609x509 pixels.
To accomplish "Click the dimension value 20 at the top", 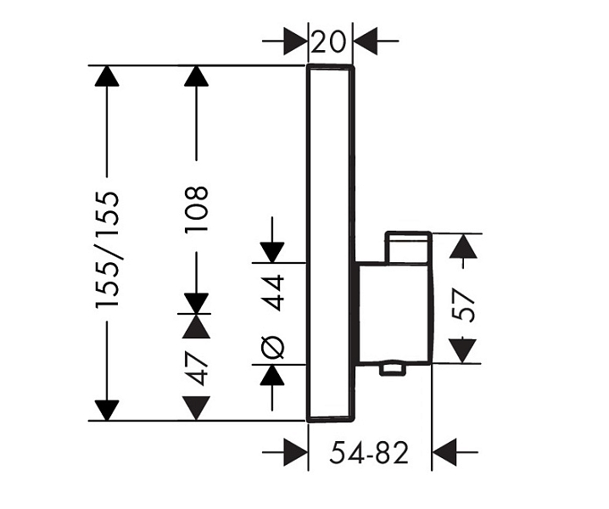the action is click(328, 42).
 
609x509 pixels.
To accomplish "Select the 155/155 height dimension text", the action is click(107, 249).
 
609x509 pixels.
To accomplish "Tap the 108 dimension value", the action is click(197, 209).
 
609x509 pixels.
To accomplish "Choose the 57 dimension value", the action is click(465, 305).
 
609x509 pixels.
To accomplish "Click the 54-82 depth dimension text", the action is click(369, 453).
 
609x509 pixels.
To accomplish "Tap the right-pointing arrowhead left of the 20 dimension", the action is click(295, 41).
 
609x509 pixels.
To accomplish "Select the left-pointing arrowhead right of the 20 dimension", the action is click(365, 41).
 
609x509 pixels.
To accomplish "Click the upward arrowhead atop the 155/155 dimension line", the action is click(107, 76).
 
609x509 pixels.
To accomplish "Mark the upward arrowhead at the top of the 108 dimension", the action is click(197, 76).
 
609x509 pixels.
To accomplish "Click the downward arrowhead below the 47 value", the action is click(197, 408).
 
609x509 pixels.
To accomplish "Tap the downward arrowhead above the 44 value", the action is click(272, 253).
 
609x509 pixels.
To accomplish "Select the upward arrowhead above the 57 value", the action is click(463, 246).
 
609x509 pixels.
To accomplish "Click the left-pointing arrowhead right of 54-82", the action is click(444, 452).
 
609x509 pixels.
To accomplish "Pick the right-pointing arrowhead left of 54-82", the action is click(296, 452).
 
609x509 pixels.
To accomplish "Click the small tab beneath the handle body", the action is click(392, 369).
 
